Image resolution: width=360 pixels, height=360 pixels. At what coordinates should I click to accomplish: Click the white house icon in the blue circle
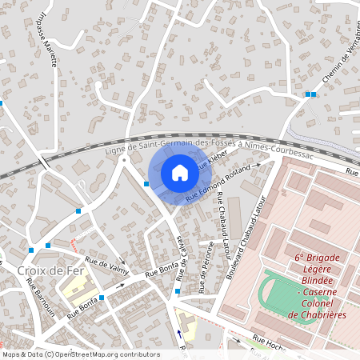tap(179, 173)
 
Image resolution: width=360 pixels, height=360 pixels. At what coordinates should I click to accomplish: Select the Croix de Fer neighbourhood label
tap(38, 271)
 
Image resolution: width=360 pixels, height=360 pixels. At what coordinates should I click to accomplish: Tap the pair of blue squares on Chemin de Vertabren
tap(310, 94)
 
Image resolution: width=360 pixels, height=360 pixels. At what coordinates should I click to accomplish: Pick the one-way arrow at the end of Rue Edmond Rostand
tap(258, 167)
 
